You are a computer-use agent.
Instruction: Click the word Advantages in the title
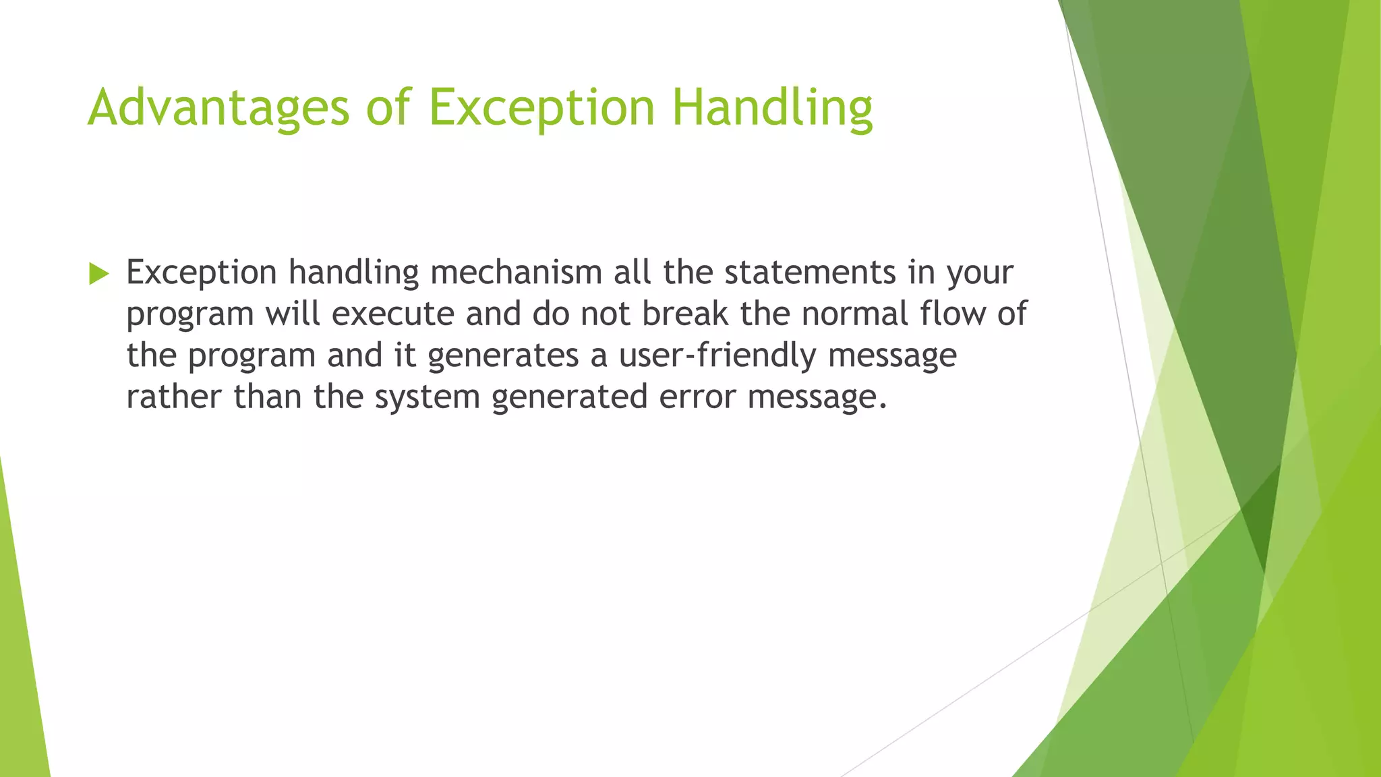(218, 108)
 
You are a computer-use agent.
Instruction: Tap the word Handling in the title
(773, 108)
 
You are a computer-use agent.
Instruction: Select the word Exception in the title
(541, 108)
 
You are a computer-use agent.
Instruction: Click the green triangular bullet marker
(98, 274)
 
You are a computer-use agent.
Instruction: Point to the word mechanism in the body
(516, 272)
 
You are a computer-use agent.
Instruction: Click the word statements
(810, 272)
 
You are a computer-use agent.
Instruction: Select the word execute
(393, 314)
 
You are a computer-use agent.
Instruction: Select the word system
(427, 398)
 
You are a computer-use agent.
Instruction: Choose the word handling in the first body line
(353, 274)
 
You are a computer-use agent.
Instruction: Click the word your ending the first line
(980, 274)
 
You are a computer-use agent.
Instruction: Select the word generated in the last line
(570, 398)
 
